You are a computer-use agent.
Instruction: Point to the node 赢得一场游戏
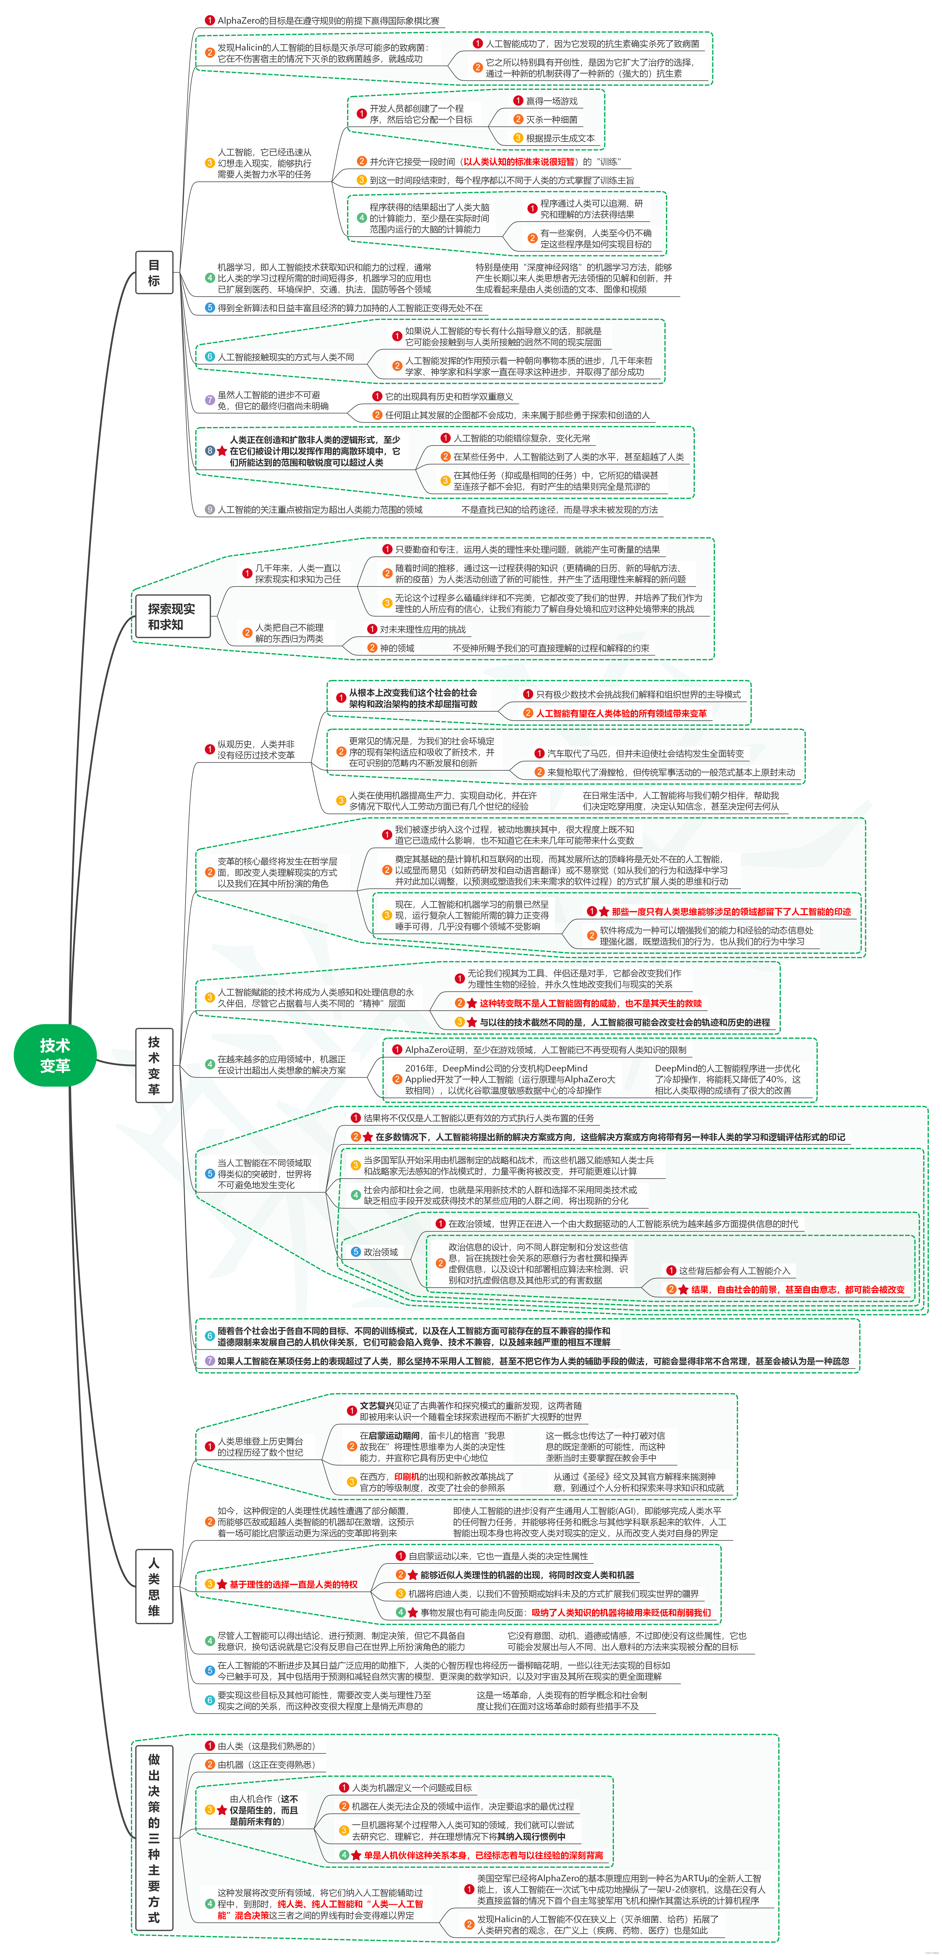click(551, 101)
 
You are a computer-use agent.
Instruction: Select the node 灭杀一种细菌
click(551, 119)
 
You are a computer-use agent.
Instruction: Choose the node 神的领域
click(397, 648)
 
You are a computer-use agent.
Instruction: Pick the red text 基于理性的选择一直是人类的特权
click(292, 1584)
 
